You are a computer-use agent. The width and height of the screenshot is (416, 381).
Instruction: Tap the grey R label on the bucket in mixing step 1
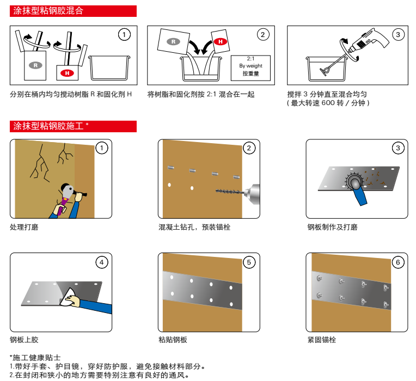(x=35, y=65)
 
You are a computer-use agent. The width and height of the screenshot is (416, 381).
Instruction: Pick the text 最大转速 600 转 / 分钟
(x=328, y=103)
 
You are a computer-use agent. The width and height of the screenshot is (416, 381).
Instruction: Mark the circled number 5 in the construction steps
(x=249, y=262)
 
